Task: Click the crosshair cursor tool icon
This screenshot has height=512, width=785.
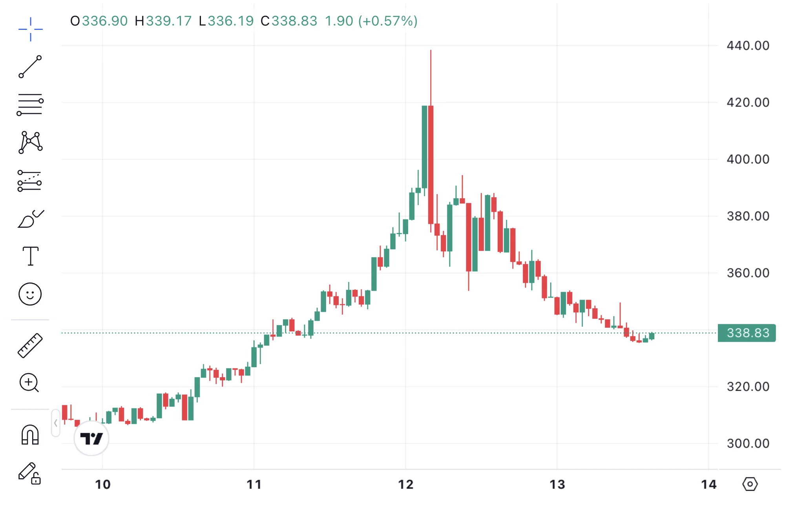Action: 31,29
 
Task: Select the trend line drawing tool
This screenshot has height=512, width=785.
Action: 30,67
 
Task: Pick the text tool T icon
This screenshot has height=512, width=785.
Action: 31,256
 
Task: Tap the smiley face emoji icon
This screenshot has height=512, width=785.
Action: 30,294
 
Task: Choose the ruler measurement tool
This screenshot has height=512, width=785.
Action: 30,346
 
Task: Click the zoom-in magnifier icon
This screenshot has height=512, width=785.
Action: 29,383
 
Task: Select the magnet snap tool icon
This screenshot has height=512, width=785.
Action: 30,435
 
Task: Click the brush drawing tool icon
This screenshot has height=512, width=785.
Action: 31,219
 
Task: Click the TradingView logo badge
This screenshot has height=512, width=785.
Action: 91,438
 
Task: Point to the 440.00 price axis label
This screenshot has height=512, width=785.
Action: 748,46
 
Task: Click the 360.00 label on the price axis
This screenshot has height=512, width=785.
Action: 748,273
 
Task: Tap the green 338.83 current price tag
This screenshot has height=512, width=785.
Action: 747,333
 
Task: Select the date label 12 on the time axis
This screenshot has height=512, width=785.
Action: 406,485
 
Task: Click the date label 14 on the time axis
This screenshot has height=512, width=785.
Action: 709,485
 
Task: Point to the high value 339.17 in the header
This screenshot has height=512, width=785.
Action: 169,21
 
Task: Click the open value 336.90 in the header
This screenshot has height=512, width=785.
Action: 105,21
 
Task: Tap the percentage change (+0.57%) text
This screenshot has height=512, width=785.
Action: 388,21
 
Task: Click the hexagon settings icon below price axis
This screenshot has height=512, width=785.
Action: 750,484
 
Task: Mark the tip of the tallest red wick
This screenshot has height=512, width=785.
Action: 431,50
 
